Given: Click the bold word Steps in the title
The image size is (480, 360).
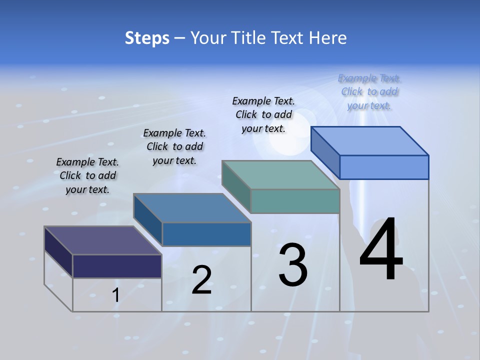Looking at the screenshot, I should pyautogui.click(x=147, y=38).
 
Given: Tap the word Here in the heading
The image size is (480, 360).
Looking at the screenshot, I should pyautogui.click(x=328, y=38).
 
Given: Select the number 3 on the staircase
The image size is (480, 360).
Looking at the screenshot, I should pyautogui.click(x=293, y=265).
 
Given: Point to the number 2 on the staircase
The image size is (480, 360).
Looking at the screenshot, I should pyautogui.click(x=201, y=280).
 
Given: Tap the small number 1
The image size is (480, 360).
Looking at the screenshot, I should pyautogui.click(x=115, y=295).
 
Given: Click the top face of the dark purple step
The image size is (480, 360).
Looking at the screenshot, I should pyautogui.click(x=102, y=240).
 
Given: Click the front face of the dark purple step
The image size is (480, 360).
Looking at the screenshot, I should pyautogui.click(x=117, y=266).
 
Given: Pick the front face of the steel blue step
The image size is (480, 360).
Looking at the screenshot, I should pyautogui.click(x=206, y=234).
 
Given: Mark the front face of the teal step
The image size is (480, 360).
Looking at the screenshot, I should pyautogui.click(x=295, y=201).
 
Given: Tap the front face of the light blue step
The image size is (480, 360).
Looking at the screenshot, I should pyautogui.click(x=384, y=167).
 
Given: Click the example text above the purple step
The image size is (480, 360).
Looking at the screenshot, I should pyautogui.click(x=87, y=175).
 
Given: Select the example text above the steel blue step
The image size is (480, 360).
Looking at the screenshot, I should pyautogui.click(x=174, y=146).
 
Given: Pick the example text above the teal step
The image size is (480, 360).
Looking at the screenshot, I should pyautogui.click(x=263, y=114).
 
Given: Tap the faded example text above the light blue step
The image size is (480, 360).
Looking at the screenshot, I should pyautogui.click(x=369, y=91).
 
